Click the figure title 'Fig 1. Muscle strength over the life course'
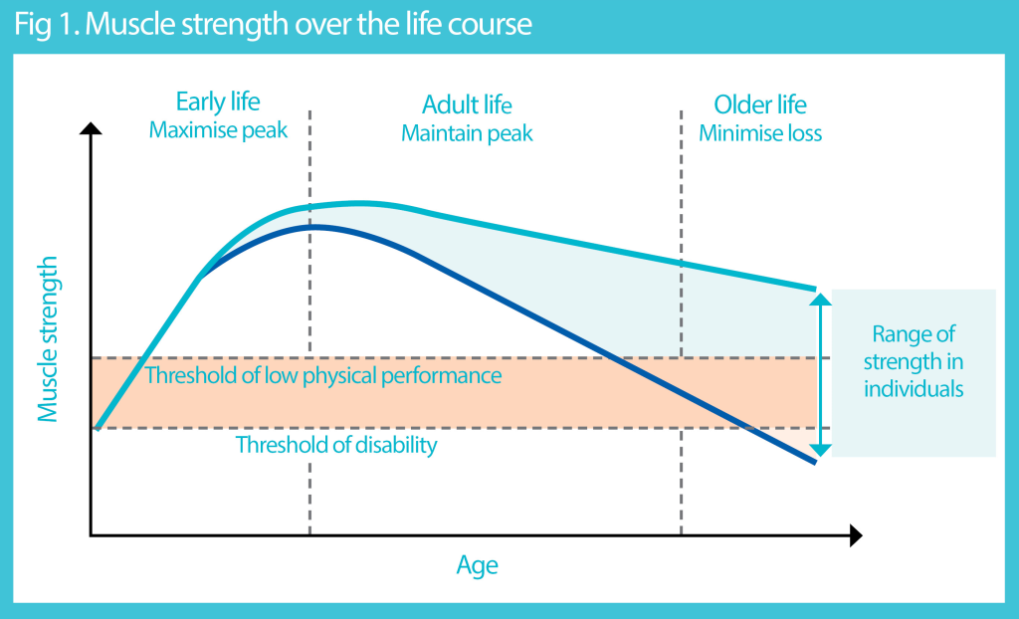[273, 24]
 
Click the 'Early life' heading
[218, 103]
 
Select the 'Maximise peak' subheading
[218, 131]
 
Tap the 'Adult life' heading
[467, 104]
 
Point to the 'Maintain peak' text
[467, 133]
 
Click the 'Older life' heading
[760, 104]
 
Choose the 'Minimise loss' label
[760, 133]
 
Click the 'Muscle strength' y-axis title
[48, 338]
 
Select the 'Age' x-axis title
[477, 566]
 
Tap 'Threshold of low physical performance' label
[322, 376]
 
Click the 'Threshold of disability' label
[335, 445]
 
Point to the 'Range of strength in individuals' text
[914, 361]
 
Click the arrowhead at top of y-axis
[91, 128]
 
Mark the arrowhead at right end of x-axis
[855, 536]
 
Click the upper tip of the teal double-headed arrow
[819, 296]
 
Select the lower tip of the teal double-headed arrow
[819, 453]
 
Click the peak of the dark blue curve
[313, 227]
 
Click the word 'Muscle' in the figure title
[126, 24]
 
